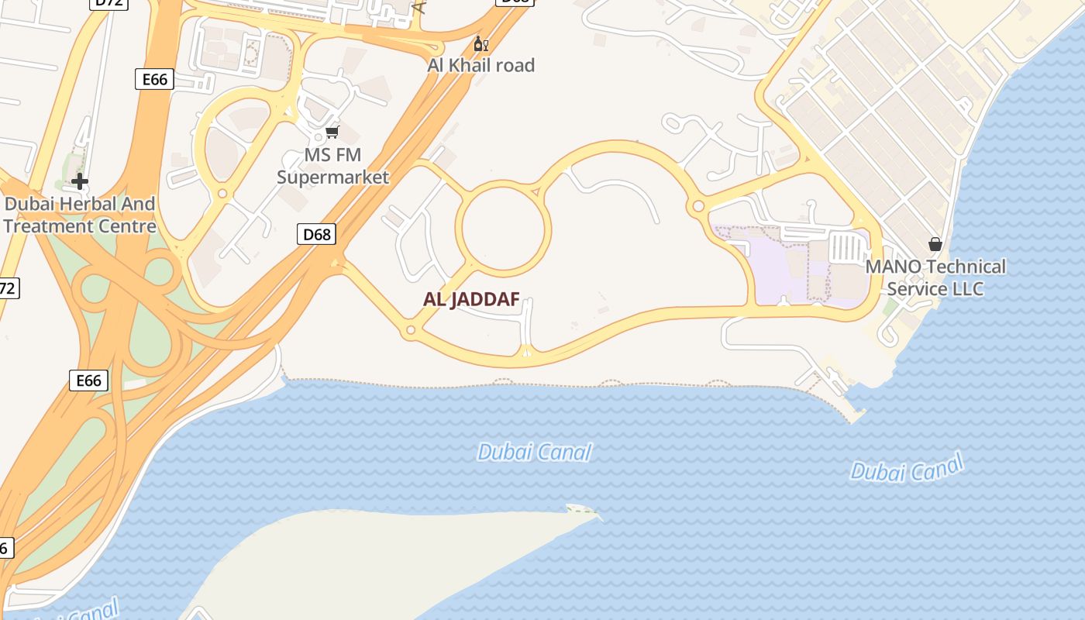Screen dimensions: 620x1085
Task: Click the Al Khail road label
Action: [480, 65]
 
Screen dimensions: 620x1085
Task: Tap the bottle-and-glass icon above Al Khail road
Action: [480, 44]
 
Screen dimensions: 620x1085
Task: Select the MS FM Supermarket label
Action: [333, 166]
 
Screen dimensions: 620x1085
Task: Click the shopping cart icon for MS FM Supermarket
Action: [332, 133]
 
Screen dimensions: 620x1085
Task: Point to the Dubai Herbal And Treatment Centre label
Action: [80, 215]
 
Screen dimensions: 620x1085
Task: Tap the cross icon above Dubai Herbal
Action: [79, 182]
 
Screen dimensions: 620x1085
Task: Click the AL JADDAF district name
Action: [471, 300]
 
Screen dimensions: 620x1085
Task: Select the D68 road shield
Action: [316, 234]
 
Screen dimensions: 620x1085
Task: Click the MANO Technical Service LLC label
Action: [935, 277]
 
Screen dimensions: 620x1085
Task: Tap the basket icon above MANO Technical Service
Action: [935, 244]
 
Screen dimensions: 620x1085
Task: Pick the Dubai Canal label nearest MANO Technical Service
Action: [906, 468]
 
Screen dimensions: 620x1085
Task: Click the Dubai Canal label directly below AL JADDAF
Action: [534, 452]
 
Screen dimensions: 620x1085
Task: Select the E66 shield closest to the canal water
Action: [88, 381]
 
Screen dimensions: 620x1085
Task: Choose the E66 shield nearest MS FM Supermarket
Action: [154, 79]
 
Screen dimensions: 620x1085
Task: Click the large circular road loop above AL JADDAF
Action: [504, 226]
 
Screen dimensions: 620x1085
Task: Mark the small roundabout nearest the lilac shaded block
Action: [698, 206]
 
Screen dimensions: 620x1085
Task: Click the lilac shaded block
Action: [775, 267]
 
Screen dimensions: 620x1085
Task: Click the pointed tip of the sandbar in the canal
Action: [597, 512]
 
